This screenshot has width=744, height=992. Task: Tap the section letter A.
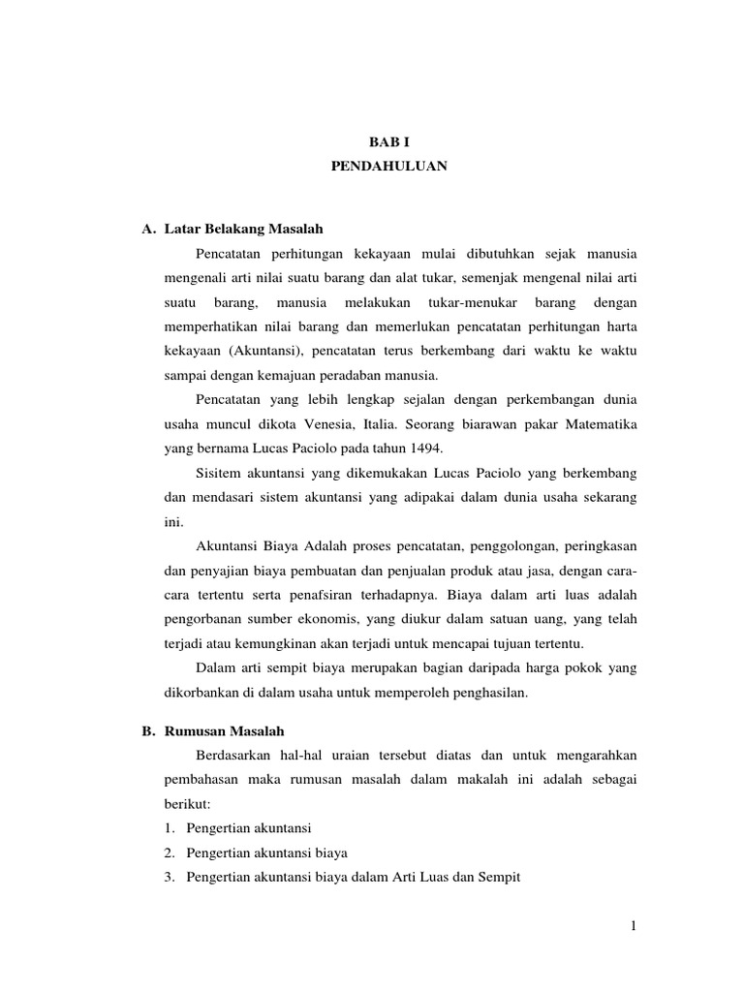148,229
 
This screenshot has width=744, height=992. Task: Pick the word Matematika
602,422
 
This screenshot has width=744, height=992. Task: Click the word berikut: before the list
188,804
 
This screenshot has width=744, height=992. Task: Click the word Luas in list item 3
444,877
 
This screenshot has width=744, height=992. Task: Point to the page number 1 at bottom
633,926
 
